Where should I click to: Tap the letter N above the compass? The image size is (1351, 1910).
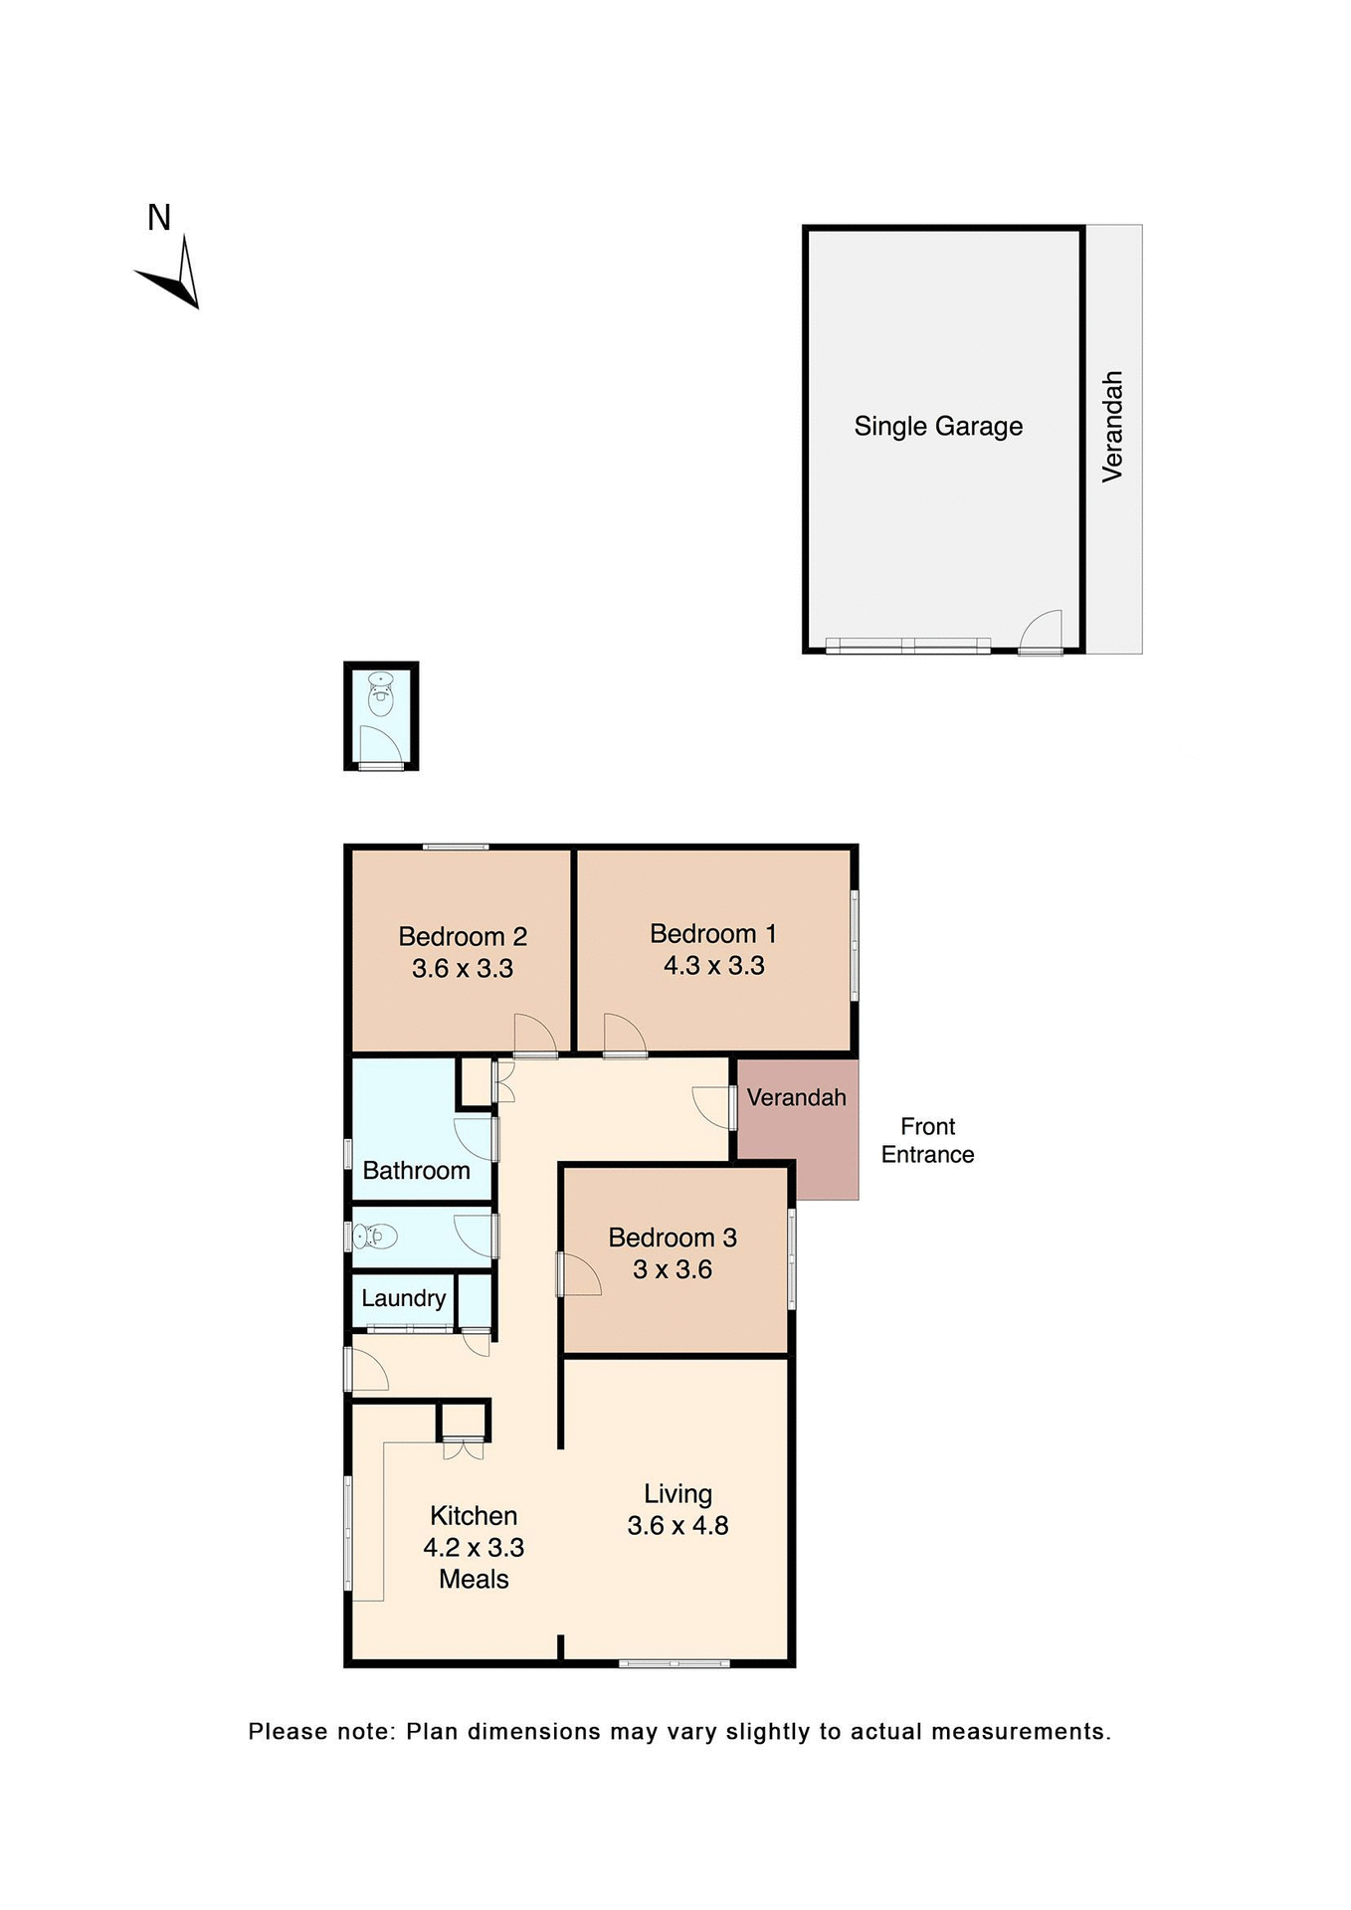pos(159,218)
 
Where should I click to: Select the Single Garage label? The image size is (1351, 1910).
pos(938,427)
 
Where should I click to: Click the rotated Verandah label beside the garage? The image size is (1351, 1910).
pos(1112,427)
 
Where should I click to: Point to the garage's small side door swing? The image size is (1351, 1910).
pos(1044,631)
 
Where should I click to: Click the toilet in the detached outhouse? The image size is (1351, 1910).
pos(381,693)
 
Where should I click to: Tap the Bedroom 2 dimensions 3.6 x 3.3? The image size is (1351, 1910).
pos(463,969)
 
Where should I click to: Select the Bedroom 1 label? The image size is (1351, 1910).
pos(713,934)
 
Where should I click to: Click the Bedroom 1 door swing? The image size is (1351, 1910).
pos(623,1035)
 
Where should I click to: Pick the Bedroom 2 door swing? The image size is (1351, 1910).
pos(534,1035)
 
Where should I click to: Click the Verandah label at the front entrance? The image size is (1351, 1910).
pos(796,1098)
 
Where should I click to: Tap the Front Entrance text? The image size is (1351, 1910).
pos(927,1141)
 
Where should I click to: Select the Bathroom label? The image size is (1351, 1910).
pos(416,1171)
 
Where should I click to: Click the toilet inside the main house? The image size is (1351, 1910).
pos(375,1238)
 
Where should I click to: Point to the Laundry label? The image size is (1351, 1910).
pos(403,1298)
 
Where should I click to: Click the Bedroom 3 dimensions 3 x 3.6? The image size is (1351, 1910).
pos(673,1270)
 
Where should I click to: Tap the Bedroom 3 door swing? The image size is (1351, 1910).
pos(580,1274)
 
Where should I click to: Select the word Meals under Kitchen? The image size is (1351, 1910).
pos(474,1580)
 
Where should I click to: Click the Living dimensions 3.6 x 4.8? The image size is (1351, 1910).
pos(677,1526)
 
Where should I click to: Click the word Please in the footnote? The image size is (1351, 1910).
pos(287,1732)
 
